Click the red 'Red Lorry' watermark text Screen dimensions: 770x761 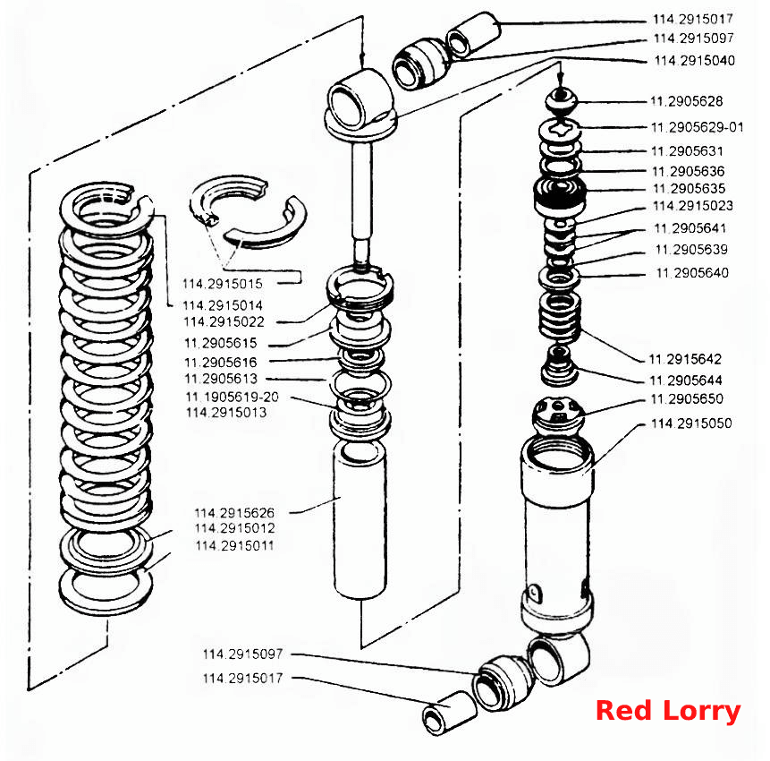point(668,711)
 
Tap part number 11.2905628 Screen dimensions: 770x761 point(687,101)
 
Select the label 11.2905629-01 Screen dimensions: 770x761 point(698,127)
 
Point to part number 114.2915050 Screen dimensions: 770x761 point(691,423)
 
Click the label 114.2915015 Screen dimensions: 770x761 point(223,284)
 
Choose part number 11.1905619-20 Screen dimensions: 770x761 point(232,397)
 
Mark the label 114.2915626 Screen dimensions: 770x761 point(234,513)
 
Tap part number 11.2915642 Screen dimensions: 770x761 point(685,359)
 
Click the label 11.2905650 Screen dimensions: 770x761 point(687,398)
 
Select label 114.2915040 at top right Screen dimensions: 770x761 point(694,61)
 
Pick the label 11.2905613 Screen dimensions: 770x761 point(221,379)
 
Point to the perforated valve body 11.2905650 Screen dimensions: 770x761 point(558,416)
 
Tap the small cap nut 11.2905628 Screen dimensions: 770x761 point(562,99)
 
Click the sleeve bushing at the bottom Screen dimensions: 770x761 point(449,713)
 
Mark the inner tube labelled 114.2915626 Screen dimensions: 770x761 point(360,520)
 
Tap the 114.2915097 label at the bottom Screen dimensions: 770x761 point(242,654)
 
